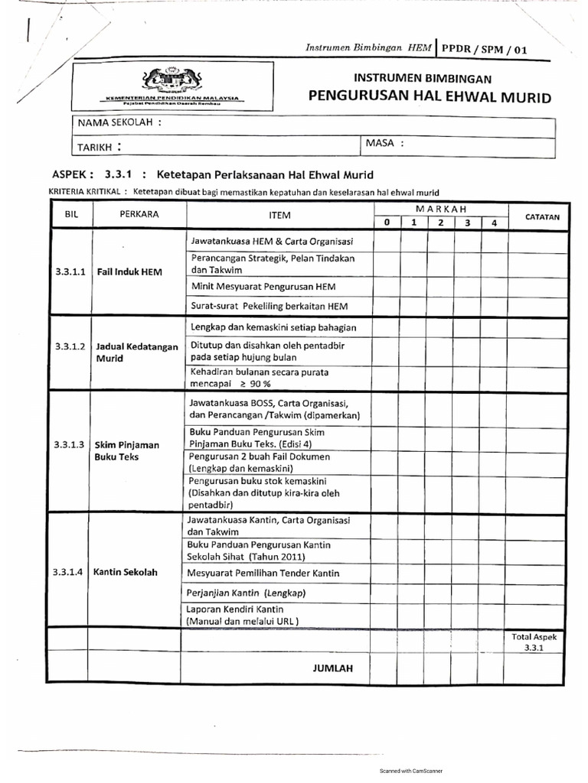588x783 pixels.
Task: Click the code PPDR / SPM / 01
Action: pos(484,49)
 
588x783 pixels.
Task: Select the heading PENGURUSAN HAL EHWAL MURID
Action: pos(429,97)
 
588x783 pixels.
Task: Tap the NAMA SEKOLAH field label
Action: pos(119,122)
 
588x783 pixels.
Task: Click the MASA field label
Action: pos(384,143)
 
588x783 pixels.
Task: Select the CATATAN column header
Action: pos(542,216)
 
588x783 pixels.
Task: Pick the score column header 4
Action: pos(495,223)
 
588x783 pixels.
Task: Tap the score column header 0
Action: pos(387,223)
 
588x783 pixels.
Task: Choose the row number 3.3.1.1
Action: pos(70,271)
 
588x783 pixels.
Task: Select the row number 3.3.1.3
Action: pos(70,444)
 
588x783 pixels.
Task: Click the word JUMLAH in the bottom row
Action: pos(333,668)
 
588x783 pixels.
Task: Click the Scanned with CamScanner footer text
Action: pos(411,771)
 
